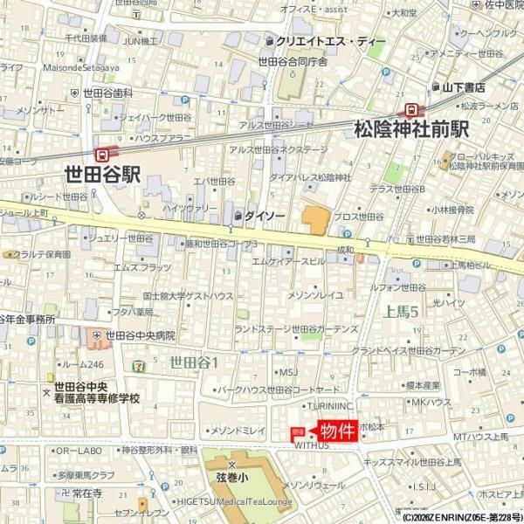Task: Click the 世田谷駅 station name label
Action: pyautogui.click(x=102, y=173)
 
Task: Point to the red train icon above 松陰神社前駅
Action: pyautogui.click(x=410, y=109)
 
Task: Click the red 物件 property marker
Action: pyautogui.click(x=337, y=431)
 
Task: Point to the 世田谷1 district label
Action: pyautogui.click(x=194, y=361)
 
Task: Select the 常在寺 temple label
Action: pyautogui.click(x=87, y=493)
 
